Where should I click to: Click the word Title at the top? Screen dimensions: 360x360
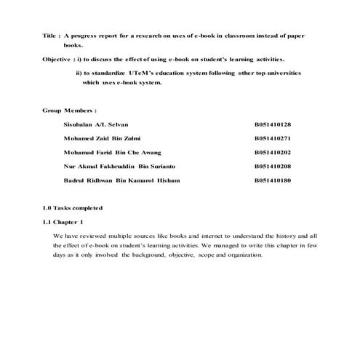49,35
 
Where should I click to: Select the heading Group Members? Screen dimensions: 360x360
69,111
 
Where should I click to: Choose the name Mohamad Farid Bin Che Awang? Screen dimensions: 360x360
111,152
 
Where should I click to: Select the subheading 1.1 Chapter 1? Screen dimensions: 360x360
63,221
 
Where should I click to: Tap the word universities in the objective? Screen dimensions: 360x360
279,73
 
